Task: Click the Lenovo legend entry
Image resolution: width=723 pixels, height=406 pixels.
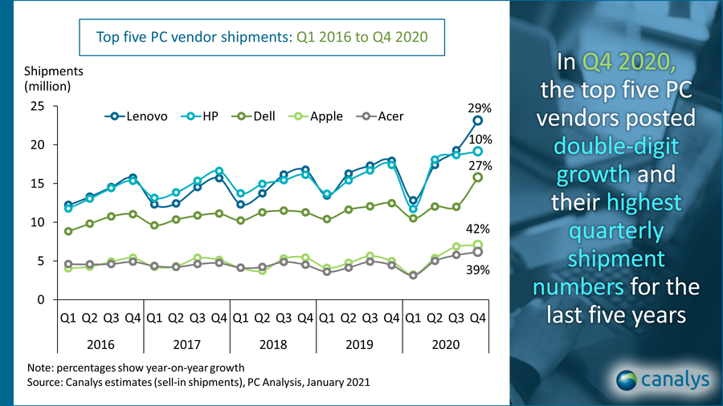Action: [136, 116]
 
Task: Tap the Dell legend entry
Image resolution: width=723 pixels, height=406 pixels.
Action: [266, 116]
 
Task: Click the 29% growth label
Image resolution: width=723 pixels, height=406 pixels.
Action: [480, 106]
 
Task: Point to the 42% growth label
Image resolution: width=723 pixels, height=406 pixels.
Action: [480, 229]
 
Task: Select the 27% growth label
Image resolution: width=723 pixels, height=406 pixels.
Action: [480, 166]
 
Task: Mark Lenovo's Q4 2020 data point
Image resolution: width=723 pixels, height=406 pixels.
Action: [477, 120]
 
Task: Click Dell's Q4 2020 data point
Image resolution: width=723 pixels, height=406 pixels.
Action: [477, 177]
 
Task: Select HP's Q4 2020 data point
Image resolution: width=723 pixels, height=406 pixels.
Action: [477, 151]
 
